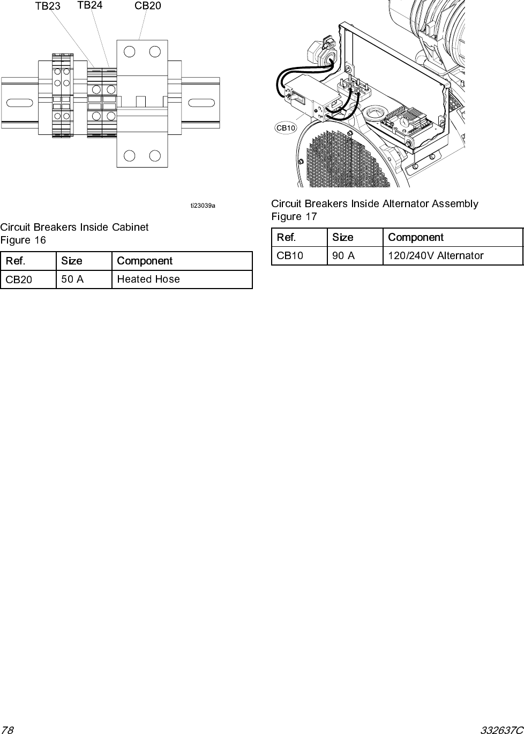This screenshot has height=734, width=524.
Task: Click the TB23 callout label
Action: click(x=48, y=6)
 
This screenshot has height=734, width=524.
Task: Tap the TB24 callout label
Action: click(x=90, y=5)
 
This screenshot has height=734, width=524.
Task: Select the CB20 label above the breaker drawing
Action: click(x=147, y=6)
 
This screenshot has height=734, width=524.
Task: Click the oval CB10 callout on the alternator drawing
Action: click(x=286, y=128)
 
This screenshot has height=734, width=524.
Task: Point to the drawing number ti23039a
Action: click(x=203, y=205)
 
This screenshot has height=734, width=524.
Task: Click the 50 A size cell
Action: click(x=72, y=279)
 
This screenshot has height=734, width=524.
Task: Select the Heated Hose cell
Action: click(x=148, y=279)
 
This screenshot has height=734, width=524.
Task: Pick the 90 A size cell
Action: click(x=343, y=255)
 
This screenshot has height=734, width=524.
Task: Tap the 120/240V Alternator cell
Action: click(x=436, y=255)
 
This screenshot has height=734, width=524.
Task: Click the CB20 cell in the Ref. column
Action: click(x=19, y=279)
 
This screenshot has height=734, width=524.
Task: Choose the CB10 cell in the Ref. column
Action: click(x=290, y=255)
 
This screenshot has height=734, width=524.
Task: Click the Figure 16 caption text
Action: click(x=23, y=240)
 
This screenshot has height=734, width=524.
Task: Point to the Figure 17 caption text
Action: click(x=294, y=216)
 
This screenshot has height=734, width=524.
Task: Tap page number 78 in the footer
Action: click(x=7, y=729)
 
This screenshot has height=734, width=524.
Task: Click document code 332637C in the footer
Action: click(x=501, y=729)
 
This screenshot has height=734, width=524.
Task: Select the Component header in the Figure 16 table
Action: click(x=145, y=261)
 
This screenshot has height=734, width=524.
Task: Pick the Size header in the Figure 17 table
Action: click(x=342, y=237)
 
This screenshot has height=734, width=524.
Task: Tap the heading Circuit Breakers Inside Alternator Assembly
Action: click(x=375, y=203)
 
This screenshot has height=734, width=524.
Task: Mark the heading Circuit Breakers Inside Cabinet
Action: click(x=74, y=227)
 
